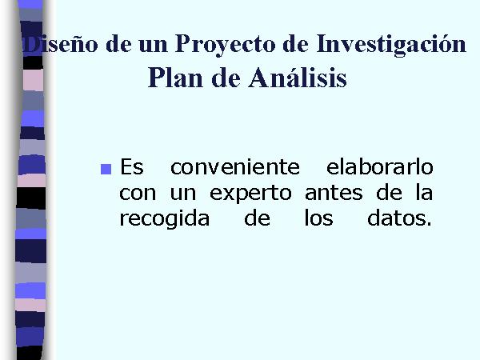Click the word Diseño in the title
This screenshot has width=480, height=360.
coord(61,44)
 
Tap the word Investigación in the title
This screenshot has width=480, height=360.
coord(391,45)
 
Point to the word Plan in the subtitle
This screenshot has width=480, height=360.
coord(175,78)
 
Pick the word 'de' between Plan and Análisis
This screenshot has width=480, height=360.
coord(226,78)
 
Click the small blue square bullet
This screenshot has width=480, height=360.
coord(106,169)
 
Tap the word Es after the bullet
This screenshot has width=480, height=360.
coord(132,167)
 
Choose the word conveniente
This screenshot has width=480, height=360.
coord(235,167)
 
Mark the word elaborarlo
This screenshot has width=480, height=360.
coord(379,167)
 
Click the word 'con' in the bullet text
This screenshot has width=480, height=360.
coord(138,194)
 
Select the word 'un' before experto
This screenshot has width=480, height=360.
coord(182,194)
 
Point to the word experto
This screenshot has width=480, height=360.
coord(250,194)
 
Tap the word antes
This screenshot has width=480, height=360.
coord(334,194)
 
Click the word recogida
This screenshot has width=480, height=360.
coord(164,219)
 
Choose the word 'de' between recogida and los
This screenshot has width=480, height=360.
coord(257,218)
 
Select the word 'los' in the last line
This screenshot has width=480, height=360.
coord(318,218)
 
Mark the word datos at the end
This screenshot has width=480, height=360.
coord(399,218)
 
